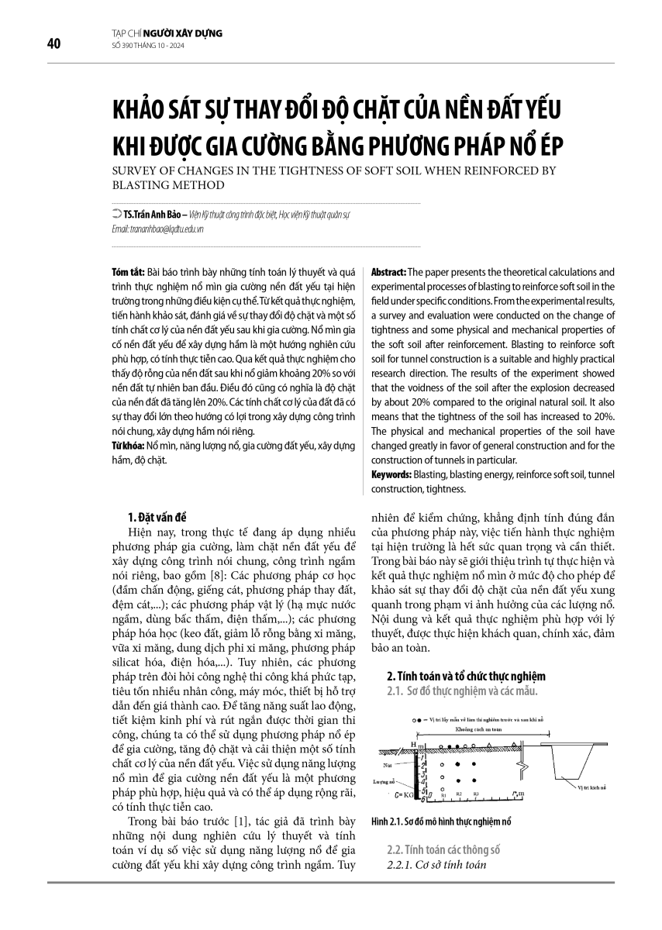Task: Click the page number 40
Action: [x=53, y=43]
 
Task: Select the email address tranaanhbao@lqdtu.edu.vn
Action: [x=157, y=230]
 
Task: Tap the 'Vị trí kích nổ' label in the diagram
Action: [x=593, y=786]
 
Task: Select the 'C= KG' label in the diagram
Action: [x=404, y=794]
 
